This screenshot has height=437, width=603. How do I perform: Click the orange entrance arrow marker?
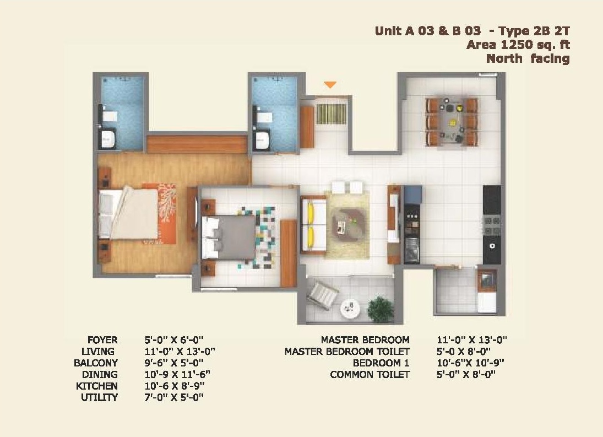(330, 85)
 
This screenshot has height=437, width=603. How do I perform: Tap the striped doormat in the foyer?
(331, 114)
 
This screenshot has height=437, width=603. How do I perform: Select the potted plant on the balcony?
(381, 309)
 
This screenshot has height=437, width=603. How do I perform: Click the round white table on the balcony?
(350, 309)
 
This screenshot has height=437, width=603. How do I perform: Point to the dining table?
(452, 122)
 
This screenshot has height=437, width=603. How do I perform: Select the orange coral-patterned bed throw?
(165, 213)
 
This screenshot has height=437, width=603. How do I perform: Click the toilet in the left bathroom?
(108, 138)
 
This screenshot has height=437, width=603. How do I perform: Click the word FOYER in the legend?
(102, 340)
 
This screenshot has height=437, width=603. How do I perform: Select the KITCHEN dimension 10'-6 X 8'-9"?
(175, 386)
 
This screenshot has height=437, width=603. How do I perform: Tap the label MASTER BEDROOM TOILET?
(347, 352)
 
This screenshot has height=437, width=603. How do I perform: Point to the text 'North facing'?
(528, 58)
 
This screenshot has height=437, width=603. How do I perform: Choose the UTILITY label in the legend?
(99, 397)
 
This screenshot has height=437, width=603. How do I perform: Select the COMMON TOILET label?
(370, 374)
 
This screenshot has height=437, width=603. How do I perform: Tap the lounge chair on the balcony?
(322, 294)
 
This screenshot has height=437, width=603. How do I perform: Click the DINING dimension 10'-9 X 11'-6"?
(177, 374)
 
